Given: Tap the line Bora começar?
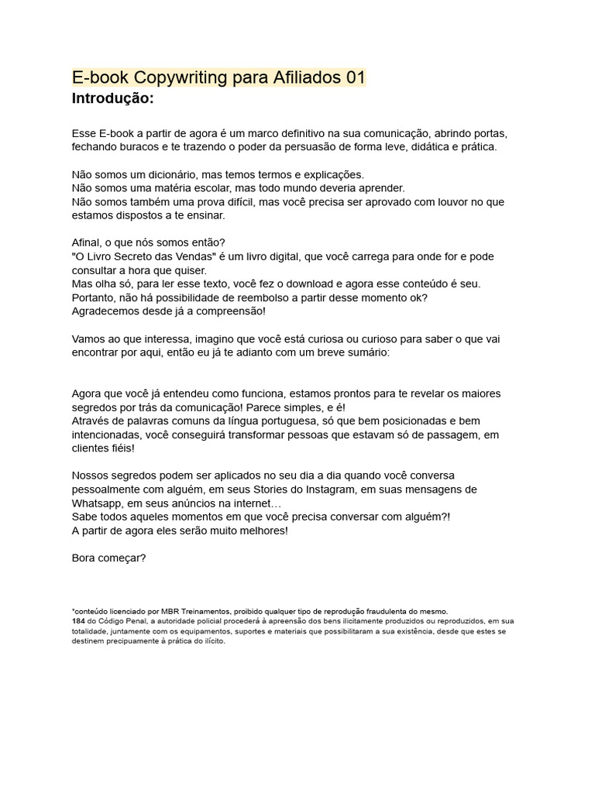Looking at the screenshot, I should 108,558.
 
